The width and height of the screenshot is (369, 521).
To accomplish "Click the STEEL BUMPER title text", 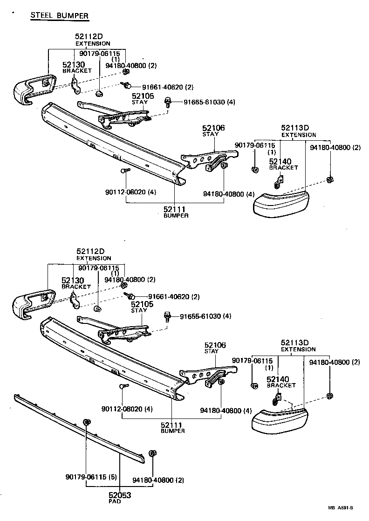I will [x=59, y=15].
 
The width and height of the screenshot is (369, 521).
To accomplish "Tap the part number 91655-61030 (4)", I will [x=205, y=316].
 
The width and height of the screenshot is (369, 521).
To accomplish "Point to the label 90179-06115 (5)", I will [x=91, y=477].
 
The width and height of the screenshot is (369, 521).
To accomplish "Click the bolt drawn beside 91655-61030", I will [x=167, y=317].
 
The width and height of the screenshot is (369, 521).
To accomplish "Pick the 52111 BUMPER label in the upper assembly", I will [x=176, y=212].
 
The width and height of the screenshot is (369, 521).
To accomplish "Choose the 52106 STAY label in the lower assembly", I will [x=215, y=348].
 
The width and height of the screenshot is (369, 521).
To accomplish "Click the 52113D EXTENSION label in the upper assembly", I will [x=298, y=131].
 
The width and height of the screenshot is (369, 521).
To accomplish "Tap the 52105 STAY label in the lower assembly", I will [x=139, y=307].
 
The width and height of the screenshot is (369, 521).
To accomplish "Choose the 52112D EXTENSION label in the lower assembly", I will [x=94, y=254].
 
